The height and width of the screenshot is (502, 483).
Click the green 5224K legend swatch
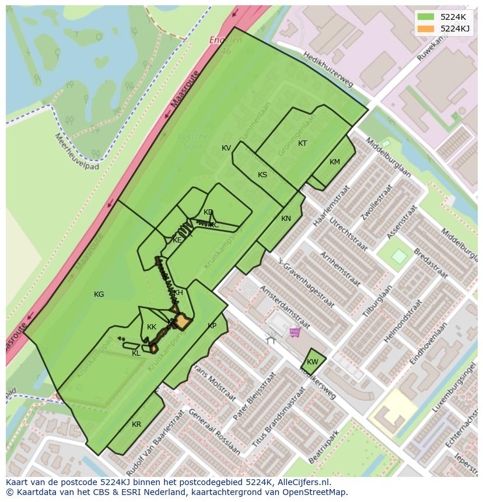426,16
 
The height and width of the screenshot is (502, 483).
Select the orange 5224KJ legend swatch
426,29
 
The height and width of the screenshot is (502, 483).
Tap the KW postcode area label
313,362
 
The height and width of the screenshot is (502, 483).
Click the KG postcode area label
99,294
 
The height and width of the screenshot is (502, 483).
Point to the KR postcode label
136,424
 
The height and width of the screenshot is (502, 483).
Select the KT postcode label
302,143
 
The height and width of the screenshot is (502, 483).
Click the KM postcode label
334,162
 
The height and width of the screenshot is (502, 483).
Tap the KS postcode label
262,175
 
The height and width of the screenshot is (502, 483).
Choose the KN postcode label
286,219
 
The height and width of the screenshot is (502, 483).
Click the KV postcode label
226,148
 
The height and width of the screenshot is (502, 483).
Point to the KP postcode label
212,326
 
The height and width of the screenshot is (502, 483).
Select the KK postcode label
152,327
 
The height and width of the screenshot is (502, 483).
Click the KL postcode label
136,353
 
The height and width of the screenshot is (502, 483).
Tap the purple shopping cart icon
295,332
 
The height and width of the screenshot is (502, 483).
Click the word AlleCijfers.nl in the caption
303,482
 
